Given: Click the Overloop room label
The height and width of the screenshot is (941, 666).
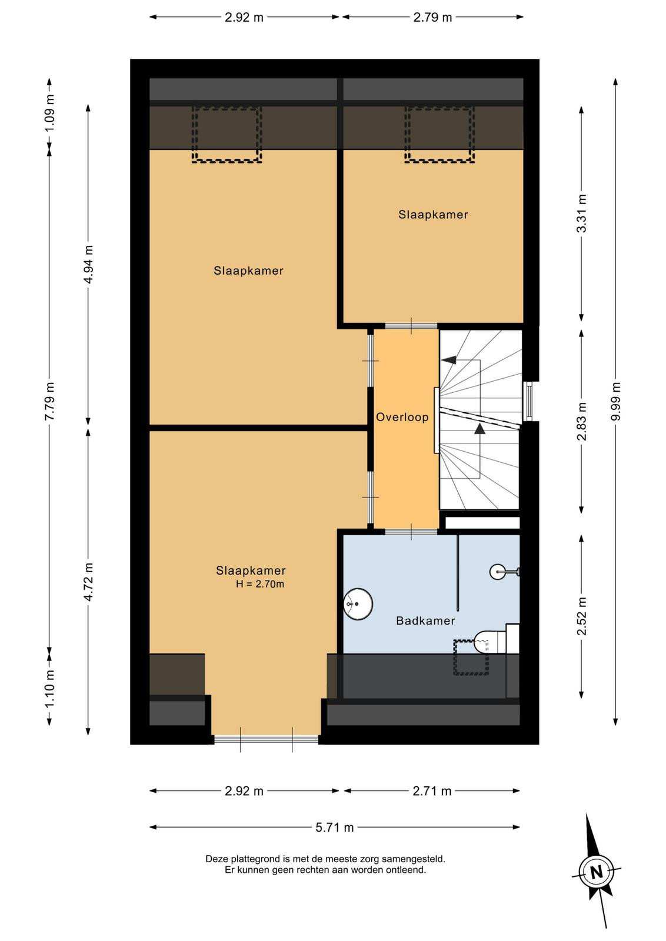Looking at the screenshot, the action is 402,417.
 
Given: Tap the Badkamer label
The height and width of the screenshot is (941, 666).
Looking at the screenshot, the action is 425,620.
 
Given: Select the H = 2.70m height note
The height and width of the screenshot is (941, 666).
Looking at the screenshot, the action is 260,584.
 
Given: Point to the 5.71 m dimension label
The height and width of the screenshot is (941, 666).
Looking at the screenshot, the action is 334,827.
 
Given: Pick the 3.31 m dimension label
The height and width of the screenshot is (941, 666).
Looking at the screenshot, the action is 581,213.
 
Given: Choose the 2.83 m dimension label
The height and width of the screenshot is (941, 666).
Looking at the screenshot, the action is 581,421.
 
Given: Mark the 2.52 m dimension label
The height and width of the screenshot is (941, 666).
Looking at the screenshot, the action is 581,616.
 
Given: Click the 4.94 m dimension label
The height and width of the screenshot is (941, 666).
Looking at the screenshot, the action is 88,264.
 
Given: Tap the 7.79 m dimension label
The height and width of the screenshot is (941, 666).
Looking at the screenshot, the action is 49,401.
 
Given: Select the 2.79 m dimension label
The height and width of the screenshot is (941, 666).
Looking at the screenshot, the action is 432,17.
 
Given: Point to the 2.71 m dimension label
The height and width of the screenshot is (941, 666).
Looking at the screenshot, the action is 432,792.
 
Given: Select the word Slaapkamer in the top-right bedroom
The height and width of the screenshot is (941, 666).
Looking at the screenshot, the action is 433,215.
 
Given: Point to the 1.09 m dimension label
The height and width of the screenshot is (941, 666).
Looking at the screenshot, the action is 49,114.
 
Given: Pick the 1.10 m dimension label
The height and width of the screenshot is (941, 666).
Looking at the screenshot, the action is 49,689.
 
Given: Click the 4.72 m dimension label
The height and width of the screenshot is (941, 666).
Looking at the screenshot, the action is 88,582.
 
